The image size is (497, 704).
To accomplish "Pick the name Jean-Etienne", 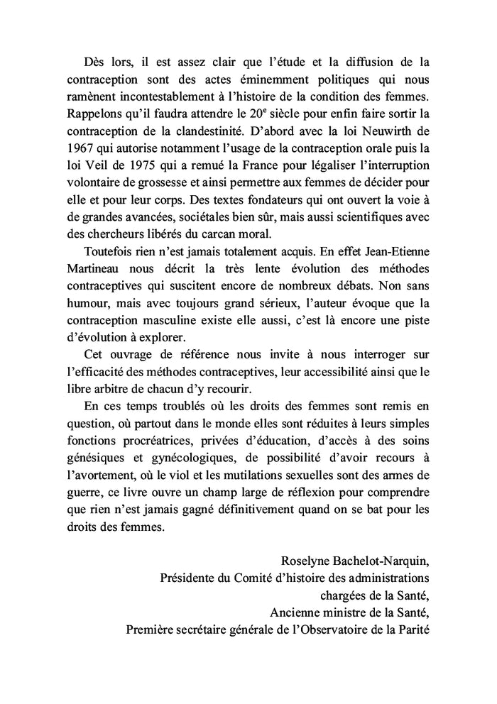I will pyautogui.click(x=398, y=252).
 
